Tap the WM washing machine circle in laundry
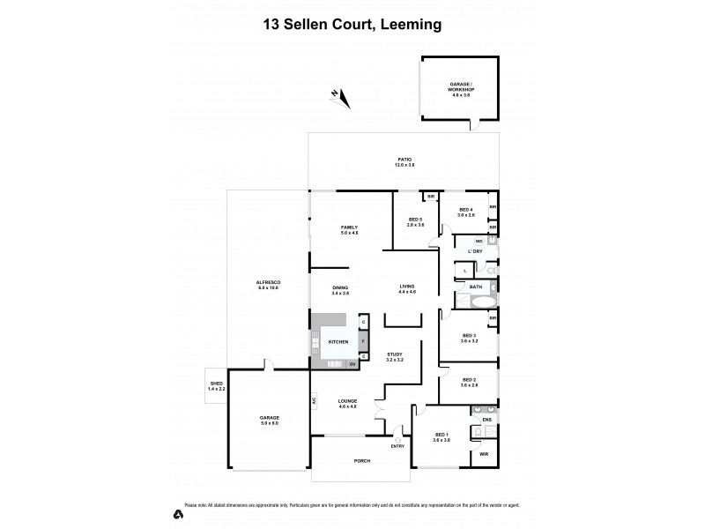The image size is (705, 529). (x=479, y=241)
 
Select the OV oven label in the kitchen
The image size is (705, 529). (x=352, y=364)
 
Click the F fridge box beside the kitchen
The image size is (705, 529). (x=363, y=340)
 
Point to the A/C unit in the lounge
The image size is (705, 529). (x=314, y=403)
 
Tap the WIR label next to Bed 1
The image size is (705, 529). (x=483, y=454)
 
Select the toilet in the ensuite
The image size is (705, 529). (x=485, y=432)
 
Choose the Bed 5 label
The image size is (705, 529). (x=415, y=221)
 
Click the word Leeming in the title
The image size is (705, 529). (x=404, y=26)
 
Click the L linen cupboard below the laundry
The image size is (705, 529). (x=464, y=270)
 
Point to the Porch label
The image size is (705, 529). (x=362, y=461)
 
